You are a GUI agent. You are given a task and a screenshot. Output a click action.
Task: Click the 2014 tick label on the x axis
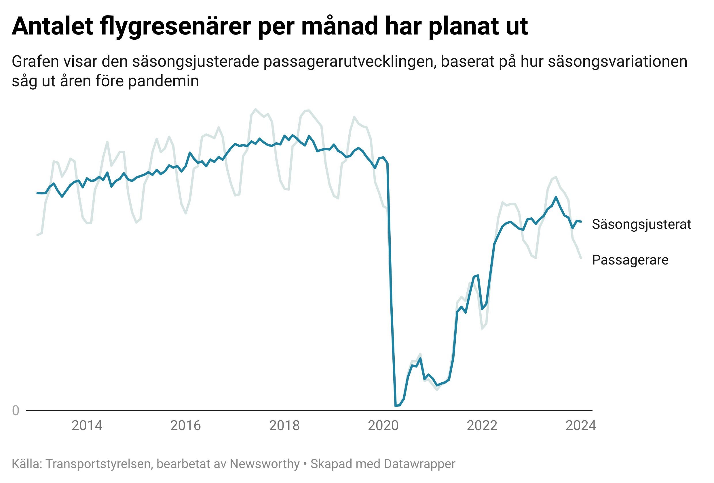click(x=87, y=426)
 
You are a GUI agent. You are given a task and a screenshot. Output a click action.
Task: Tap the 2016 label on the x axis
click(x=186, y=426)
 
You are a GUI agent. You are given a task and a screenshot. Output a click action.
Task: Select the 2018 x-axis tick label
click(x=284, y=426)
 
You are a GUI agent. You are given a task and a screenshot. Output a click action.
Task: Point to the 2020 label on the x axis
click(x=383, y=426)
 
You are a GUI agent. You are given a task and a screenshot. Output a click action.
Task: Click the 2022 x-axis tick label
click(x=482, y=426)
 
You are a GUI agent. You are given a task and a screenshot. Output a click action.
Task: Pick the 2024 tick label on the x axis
click(x=581, y=426)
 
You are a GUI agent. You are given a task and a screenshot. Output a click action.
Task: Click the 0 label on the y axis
click(x=15, y=410)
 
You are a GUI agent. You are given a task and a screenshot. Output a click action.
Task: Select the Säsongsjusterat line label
click(x=641, y=224)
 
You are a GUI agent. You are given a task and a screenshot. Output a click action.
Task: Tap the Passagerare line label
click(x=630, y=260)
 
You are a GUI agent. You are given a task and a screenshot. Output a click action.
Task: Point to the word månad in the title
click(x=339, y=26)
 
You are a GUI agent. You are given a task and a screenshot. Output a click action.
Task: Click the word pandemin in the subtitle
click(x=164, y=81)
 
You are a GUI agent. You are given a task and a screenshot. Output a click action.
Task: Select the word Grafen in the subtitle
click(x=35, y=62)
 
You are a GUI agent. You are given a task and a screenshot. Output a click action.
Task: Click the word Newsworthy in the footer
click(x=265, y=464)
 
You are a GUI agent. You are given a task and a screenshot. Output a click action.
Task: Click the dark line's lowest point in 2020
click(x=396, y=406)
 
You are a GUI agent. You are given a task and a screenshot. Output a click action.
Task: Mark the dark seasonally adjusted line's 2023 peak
click(x=555, y=197)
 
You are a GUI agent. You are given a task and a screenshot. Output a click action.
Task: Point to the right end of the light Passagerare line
click(x=581, y=258)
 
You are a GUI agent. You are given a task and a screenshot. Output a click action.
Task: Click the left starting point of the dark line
click(x=37, y=193)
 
